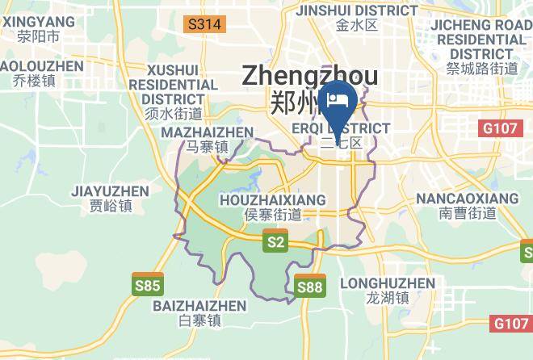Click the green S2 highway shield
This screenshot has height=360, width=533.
click(x=276, y=241)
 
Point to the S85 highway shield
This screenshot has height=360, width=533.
click(x=148, y=284)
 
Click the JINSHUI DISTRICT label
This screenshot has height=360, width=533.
click(x=357, y=10)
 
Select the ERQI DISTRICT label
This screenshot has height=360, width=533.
click(x=341, y=128)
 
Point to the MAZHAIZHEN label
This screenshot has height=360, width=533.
click(x=208, y=132)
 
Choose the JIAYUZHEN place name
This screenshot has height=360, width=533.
click(x=110, y=191)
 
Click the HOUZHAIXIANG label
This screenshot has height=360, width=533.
click(x=272, y=199)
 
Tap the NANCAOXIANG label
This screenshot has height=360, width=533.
click(x=468, y=198)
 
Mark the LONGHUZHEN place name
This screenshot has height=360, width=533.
click(x=388, y=283)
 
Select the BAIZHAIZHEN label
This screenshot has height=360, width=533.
click(x=199, y=306)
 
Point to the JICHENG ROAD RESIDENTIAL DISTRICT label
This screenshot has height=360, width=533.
click(x=481, y=39)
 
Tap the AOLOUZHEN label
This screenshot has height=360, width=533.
click(x=42, y=65)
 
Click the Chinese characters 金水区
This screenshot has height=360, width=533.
click(x=357, y=25)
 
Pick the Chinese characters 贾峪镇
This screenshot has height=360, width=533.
click(x=111, y=207)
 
